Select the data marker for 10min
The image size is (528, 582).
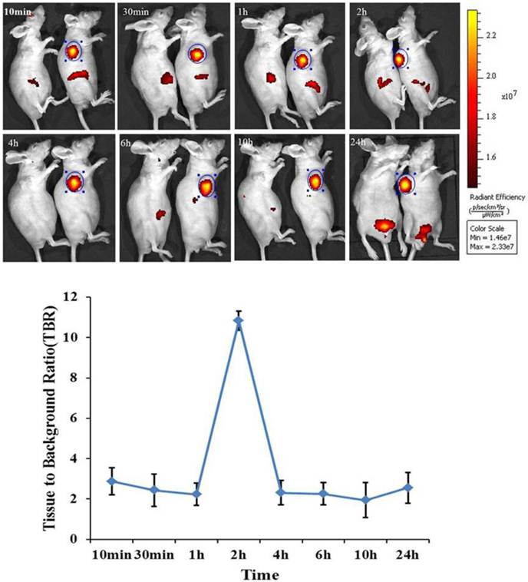click(112, 481)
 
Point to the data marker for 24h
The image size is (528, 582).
click(408, 488)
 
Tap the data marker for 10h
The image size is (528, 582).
click(365, 500)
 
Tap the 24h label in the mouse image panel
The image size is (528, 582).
click(363, 144)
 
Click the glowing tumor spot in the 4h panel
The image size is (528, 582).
click(74, 182)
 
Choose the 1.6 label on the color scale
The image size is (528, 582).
click(491, 157)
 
